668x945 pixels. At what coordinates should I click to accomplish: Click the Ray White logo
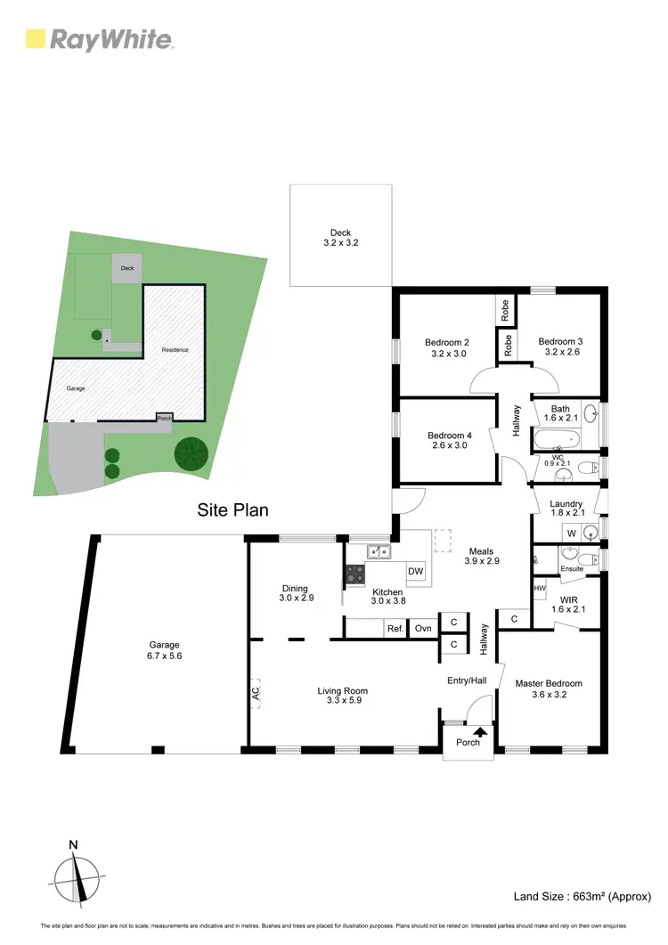tap(99, 38)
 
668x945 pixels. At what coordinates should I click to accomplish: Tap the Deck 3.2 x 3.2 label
tap(340, 237)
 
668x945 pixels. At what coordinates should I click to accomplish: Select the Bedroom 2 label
tap(446, 347)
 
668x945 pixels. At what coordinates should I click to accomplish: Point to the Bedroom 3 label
tap(560, 346)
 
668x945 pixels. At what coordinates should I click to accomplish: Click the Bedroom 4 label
tap(449, 440)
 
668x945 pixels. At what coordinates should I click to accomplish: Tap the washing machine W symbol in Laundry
tap(572, 533)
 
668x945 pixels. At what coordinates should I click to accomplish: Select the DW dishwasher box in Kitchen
tap(415, 571)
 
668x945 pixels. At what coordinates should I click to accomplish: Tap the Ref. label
tap(395, 629)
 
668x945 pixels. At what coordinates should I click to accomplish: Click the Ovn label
tap(423, 629)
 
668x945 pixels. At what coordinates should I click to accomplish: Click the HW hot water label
tap(539, 589)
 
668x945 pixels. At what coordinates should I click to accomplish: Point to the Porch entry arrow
tap(480, 732)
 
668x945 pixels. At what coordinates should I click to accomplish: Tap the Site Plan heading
tap(232, 510)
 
